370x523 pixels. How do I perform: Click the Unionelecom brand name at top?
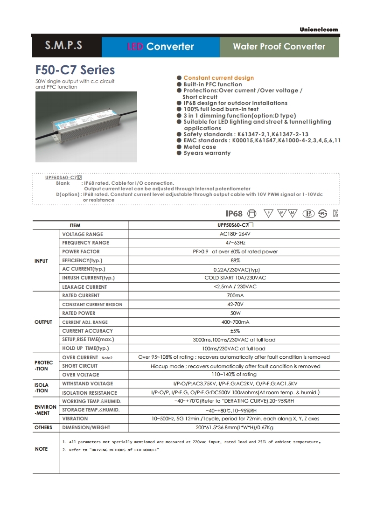point(319,29)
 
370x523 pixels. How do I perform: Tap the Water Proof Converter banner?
point(279,46)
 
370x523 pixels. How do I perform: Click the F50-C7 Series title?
point(75,70)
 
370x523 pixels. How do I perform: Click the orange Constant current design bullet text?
point(218,78)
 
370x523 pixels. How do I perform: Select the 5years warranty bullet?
point(207,153)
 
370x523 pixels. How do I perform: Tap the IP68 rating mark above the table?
point(234,214)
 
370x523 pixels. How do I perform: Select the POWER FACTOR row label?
point(81,251)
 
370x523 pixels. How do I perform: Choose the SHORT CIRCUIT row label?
point(80,366)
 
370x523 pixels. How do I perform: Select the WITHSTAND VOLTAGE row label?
point(87,384)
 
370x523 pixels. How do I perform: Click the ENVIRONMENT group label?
point(45,410)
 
